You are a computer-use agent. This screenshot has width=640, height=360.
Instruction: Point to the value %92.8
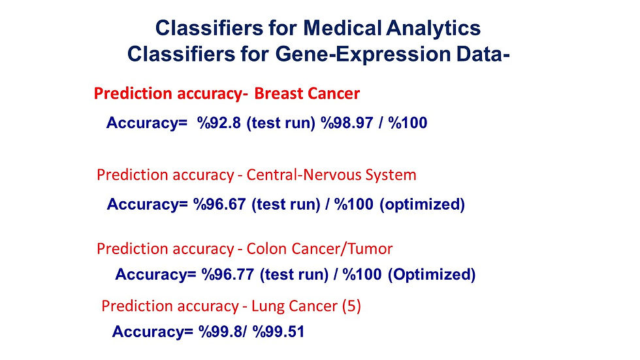click(219, 122)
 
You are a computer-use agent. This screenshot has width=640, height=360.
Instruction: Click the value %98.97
click(347, 122)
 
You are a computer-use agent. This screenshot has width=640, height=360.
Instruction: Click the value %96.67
click(219, 204)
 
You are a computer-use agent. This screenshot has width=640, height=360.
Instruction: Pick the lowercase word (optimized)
click(422, 204)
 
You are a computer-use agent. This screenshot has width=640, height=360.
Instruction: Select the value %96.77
click(228, 274)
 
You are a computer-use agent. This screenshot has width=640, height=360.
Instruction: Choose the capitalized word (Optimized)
click(432, 274)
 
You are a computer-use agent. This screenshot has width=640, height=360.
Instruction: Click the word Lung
click(268, 306)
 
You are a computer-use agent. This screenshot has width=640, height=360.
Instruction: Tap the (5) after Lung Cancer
click(351, 306)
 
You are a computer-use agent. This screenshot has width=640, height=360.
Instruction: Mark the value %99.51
click(278, 331)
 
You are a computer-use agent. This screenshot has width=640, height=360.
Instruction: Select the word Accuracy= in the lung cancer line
click(152, 331)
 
